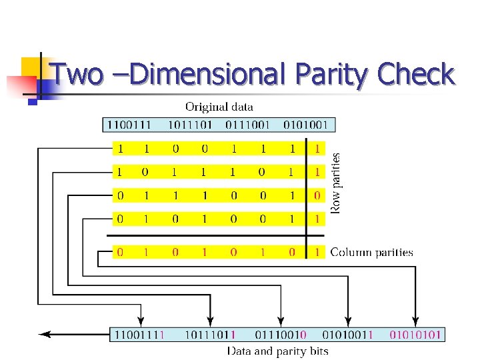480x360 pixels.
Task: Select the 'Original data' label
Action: [219, 107]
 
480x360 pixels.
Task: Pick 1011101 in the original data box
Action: [190, 125]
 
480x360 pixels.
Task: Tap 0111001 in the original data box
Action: [247, 125]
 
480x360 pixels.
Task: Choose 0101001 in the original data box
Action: [306, 125]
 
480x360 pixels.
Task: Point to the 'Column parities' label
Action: [371, 253]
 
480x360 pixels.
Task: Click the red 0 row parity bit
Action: [317, 195]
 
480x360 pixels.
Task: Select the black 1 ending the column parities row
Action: [317, 253]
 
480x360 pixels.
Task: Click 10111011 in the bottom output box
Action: [209, 335]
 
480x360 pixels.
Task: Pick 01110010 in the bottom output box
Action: [280, 335]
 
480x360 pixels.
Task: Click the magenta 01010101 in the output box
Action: [415, 335]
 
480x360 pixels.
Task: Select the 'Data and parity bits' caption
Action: [277, 351]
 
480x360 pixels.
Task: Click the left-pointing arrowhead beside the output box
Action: [44, 334]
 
